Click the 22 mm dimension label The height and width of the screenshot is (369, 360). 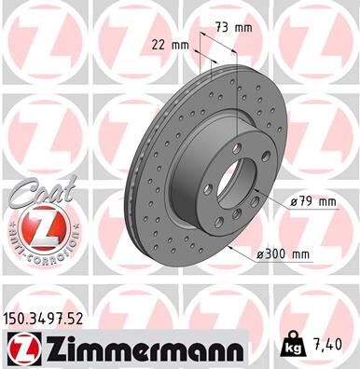170,43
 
